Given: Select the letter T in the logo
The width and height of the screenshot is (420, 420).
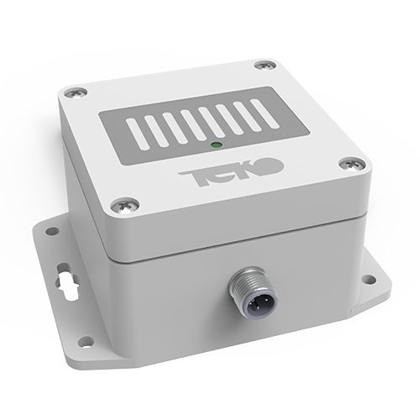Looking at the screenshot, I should click(187, 175).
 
